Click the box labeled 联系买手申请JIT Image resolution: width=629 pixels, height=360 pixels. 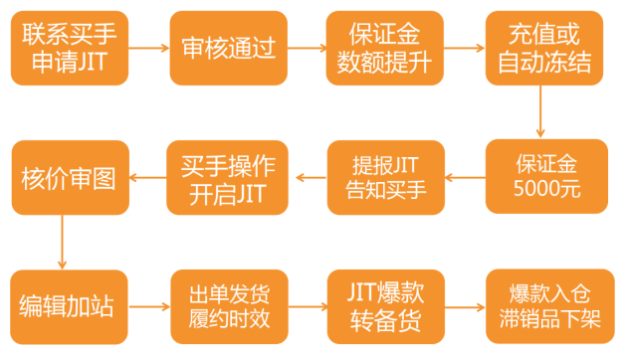(69, 48)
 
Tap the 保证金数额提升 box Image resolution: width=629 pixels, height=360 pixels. (383, 48)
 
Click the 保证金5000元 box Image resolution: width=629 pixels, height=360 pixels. (546, 175)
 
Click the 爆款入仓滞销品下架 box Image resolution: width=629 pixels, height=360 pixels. (544, 306)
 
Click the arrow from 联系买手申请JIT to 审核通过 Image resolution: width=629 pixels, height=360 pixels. (148, 48)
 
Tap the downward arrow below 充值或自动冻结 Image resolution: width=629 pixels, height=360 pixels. (541, 110)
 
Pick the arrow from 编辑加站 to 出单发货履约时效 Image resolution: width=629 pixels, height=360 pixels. (148, 306)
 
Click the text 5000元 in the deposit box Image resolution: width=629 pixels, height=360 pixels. (546, 188)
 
